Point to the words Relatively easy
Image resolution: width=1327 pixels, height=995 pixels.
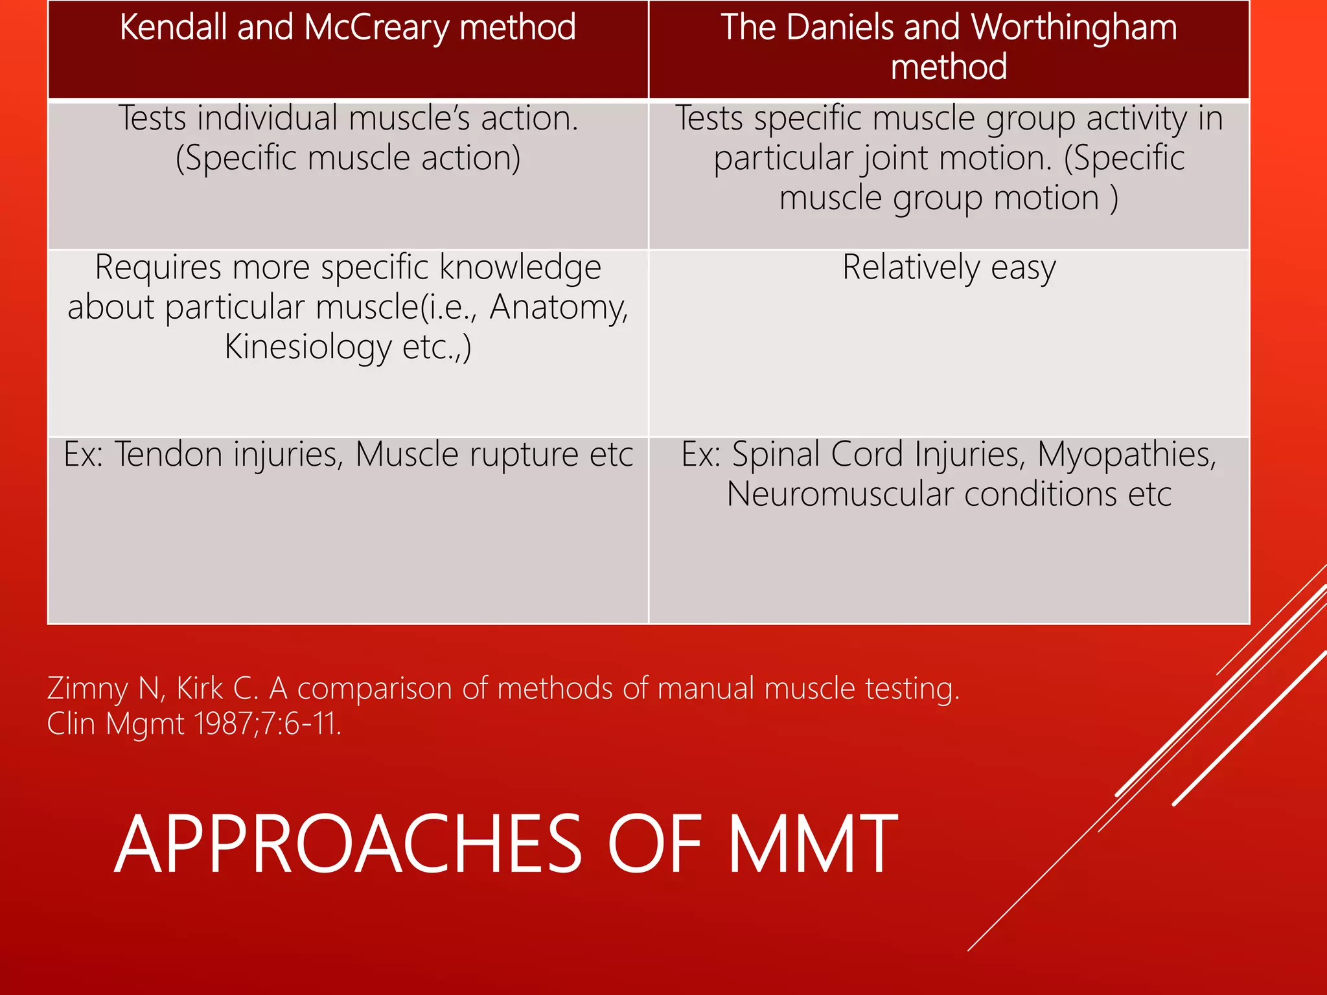pyautogui.click(x=949, y=268)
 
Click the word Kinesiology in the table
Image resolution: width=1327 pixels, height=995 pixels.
pyautogui.click(x=308, y=347)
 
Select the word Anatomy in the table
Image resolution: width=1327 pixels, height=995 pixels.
pyautogui.click(x=559, y=307)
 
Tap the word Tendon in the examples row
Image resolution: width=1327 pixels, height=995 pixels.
pyautogui.click(x=170, y=455)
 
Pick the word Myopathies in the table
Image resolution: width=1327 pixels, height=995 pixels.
pyautogui.click(x=1127, y=455)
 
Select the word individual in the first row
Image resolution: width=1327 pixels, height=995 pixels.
pyautogui.click(x=268, y=119)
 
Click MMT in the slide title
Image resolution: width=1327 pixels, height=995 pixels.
pyautogui.click(x=813, y=845)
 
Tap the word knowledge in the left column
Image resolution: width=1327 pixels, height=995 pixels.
pyautogui.click(x=520, y=268)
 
